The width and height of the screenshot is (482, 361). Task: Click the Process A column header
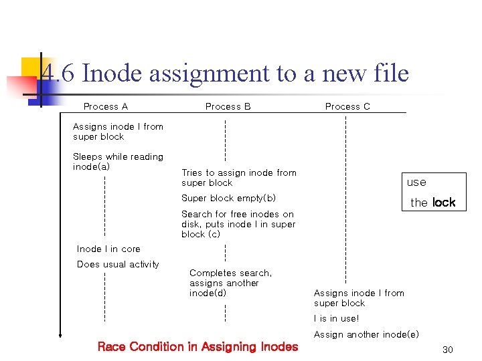click(x=105, y=106)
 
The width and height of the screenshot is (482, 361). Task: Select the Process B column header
click(x=228, y=106)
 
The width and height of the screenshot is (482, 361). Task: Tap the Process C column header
click(x=347, y=106)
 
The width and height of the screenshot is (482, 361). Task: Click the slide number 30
click(x=448, y=350)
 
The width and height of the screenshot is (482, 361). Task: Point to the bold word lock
click(x=443, y=202)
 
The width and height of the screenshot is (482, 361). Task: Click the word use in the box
click(x=416, y=182)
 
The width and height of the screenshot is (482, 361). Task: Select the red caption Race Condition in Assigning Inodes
click(x=197, y=346)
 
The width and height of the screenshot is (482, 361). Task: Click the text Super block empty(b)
click(x=228, y=198)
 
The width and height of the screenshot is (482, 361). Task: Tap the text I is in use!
click(x=336, y=318)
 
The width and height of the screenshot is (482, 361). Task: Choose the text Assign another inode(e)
click(x=366, y=334)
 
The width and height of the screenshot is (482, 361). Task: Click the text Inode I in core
click(x=108, y=249)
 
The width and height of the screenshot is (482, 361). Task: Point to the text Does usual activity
click(x=118, y=264)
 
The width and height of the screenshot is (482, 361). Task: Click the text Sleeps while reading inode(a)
click(x=118, y=161)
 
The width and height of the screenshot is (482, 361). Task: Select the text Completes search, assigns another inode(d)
click(x=230, y=283)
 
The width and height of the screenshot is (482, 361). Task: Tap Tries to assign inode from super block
click(x=238, y=177)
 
